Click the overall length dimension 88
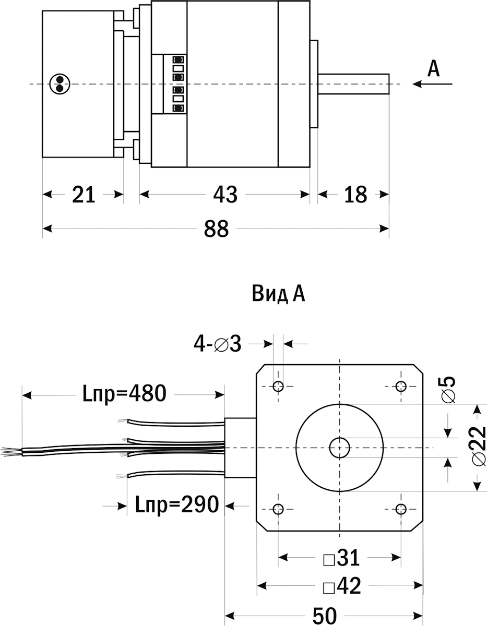(216, 228)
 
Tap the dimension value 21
(84, 195)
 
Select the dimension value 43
(225, 195)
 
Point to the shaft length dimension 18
(355, 195)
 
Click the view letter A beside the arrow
(433, 68)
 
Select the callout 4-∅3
(218, 344)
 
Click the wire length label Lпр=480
(124, 393)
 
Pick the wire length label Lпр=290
(176, 504)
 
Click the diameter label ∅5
(448, 389)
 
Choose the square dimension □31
(341, 559)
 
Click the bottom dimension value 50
(325, 616)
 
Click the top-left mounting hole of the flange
(278, 387)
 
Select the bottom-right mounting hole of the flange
(401, 509)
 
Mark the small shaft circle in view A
(339, 447)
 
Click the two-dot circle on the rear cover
(59, 84)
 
